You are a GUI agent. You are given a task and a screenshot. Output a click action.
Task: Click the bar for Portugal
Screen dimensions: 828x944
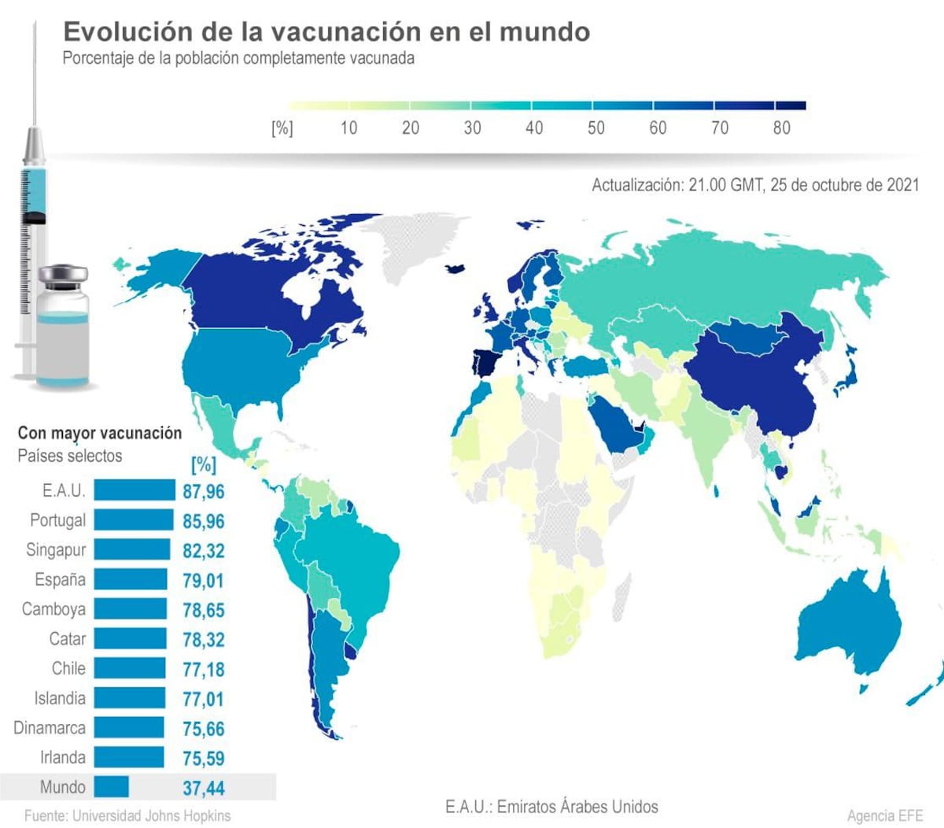133,520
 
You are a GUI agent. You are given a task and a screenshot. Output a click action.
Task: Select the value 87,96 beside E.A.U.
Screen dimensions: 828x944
203,491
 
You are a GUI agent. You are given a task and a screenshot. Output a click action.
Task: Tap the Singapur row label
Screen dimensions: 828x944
56,550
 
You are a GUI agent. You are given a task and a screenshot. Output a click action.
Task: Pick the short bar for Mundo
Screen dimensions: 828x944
111,787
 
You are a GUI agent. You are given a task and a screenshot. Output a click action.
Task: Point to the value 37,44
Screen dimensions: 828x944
203,788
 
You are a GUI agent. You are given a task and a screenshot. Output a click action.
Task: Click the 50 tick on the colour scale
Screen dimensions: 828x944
596,128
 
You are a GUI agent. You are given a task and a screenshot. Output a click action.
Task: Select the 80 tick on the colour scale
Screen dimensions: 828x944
781,128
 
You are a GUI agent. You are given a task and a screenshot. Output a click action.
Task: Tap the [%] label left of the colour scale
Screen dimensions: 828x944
282,128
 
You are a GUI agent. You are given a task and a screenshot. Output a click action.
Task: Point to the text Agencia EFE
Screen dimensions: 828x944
884,815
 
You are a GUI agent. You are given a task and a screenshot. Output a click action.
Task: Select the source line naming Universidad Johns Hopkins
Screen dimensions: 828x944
127,815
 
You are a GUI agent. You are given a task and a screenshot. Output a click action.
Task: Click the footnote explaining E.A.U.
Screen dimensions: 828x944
551,807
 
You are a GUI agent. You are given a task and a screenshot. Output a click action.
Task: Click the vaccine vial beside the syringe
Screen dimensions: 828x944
63,327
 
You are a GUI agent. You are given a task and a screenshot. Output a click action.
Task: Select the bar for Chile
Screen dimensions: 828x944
130,669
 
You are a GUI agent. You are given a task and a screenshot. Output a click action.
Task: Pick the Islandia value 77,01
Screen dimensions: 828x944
203,699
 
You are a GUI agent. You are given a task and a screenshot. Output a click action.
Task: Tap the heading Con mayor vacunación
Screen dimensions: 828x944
99,433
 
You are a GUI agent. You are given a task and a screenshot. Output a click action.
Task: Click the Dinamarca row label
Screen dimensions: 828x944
50,728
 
